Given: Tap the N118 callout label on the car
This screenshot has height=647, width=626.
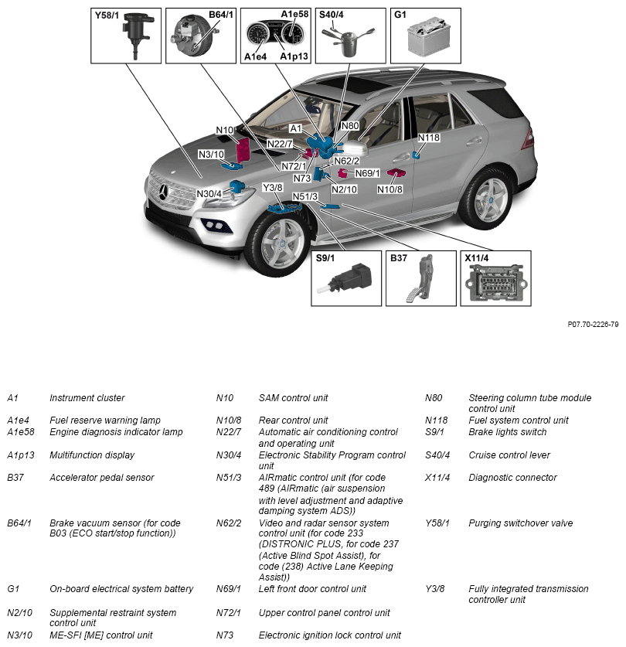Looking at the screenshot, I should [x=428, y=138].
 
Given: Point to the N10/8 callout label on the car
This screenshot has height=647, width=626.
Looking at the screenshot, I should [x=390, y=189].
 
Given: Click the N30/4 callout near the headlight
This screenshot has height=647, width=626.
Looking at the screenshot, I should [x=209, y=193].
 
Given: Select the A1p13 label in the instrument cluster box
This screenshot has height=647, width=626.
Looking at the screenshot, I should [x=294, y=56].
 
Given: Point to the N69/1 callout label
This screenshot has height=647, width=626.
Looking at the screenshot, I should [x=367, y=173].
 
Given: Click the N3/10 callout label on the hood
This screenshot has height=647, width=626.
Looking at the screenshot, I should [x=210, y=155].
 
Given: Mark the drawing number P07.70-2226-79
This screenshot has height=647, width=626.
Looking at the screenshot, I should [x=593, y=325].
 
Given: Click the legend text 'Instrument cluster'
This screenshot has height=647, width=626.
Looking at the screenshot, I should [x=87, y=398].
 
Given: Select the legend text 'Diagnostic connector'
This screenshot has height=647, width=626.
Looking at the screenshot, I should [x=512, y=478].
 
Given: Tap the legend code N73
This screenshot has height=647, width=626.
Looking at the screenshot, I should [x=223, y=635].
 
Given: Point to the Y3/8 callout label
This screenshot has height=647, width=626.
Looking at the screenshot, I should [x=272, y=188].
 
